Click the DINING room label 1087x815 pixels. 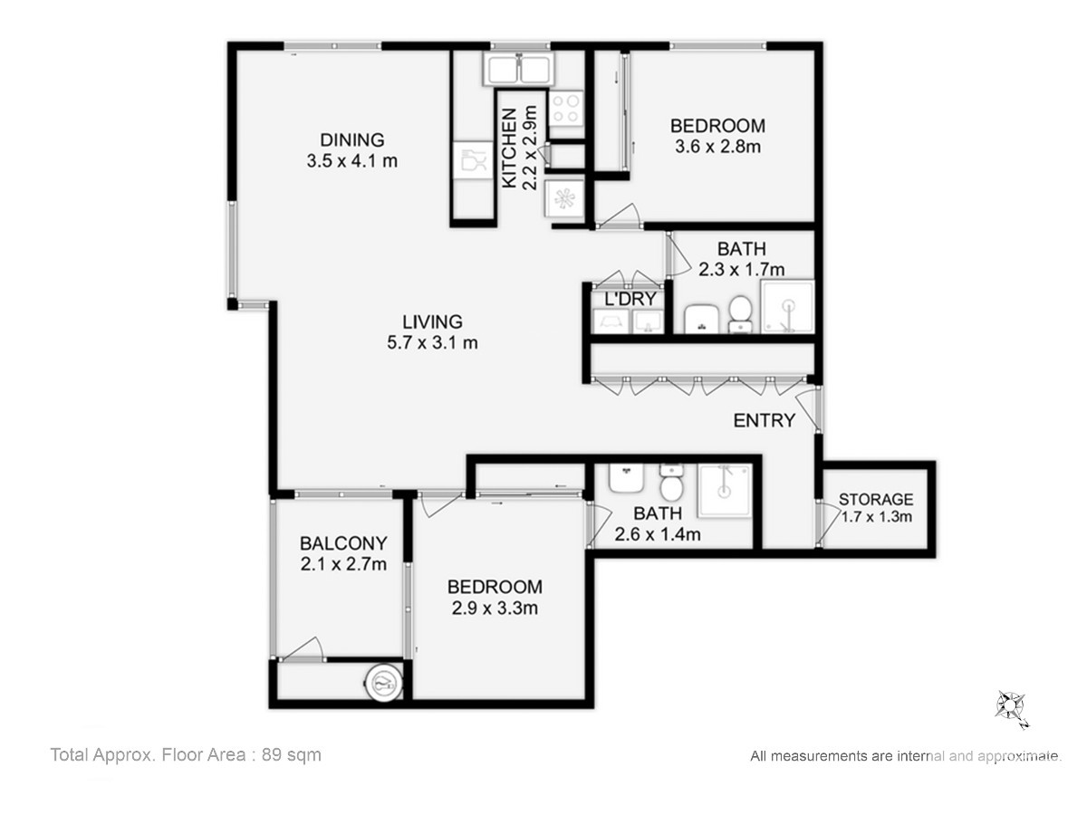(352, 140)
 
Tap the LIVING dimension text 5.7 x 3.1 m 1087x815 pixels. (432, 342)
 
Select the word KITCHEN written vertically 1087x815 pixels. (509, 149)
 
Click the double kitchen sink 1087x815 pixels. (518, 70)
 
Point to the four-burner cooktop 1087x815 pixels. (566, 109)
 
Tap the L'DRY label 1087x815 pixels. (630, 299)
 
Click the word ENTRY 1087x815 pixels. (765, 420)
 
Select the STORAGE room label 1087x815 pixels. (876, 499)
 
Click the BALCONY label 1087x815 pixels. (343, 543)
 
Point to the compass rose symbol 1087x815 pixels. (1010, 706)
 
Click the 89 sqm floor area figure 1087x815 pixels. (291, 755)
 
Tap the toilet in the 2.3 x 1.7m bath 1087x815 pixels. (740, 314)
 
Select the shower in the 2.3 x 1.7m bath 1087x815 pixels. (787, 307)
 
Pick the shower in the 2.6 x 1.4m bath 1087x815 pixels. (725, 491)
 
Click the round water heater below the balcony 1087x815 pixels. (383, 683)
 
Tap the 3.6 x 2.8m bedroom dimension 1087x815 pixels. (717, 147)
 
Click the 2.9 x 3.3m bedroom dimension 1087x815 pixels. (495, 608)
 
